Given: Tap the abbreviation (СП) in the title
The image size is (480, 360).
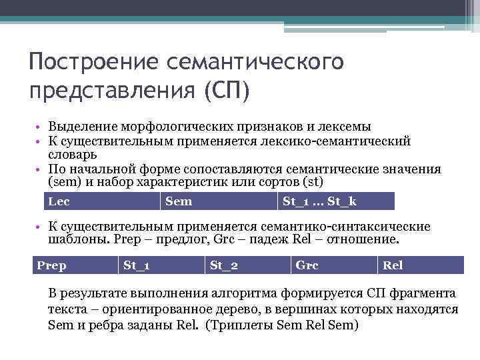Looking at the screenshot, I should [226, 89].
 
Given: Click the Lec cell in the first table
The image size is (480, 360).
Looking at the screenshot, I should [60, 201].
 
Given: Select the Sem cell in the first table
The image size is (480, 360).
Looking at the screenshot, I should [178, 201].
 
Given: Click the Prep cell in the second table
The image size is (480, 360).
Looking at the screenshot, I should [52, 265].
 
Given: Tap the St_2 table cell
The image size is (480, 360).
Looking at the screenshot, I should [224, 265].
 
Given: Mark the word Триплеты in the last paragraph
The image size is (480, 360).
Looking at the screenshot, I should [242, 326].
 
